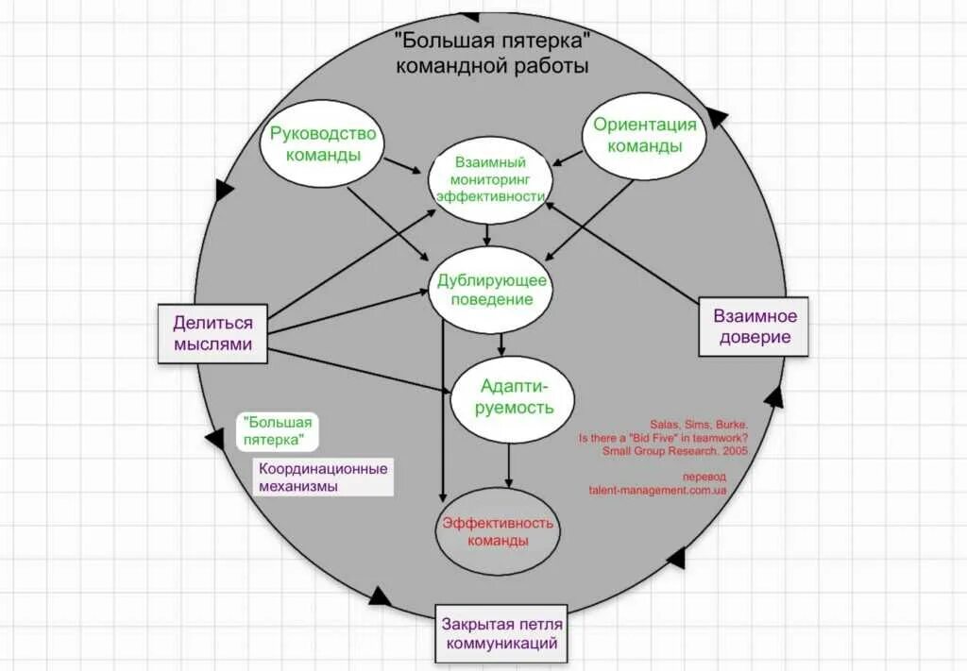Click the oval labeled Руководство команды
tap(322, 144)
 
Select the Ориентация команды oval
tap(645, 135)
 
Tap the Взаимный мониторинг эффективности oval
tap(489, 179)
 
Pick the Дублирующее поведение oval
tap(491, 289)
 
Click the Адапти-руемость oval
tap(514, 396)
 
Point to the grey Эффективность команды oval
tap(497, 531)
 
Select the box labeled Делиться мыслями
tap(212, 333)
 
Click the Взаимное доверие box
tap(753, 327)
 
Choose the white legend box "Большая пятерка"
tap(277, 431)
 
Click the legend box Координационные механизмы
tap(322, 478)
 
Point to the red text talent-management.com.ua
tap(657, 491)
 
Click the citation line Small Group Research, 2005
tap(675, 451)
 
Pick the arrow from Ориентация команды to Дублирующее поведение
tap(590, 219)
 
